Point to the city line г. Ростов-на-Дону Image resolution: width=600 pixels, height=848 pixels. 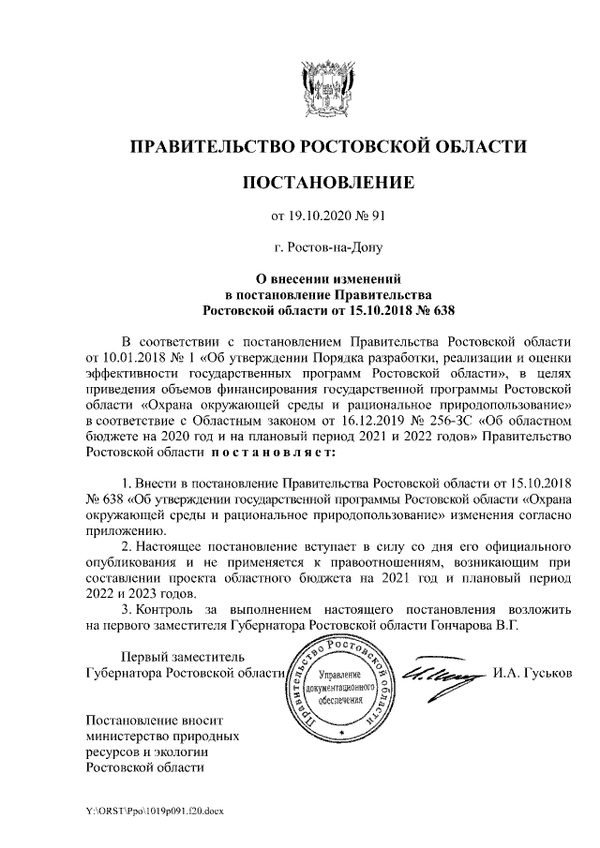(x=327, y=248)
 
